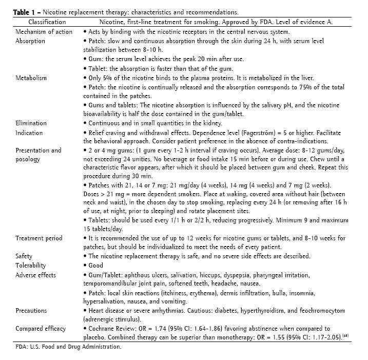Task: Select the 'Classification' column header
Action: point(47,22)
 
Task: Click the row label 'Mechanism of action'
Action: point(44,31)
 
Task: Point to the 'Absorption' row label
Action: point(31,41)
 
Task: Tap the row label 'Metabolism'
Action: point(31,78)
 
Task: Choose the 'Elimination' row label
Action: point(31,123)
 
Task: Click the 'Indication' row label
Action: point(29,132)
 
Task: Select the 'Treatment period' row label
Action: point(39,238)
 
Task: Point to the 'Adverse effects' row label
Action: point(36,275)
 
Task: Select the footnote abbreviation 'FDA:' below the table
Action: point(22,347)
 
